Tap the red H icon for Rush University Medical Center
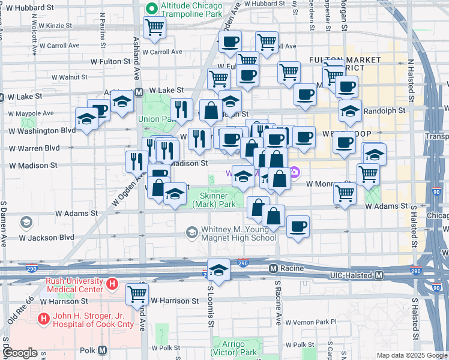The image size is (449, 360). tap(111, 283)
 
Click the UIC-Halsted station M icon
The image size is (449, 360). tap(379, 275)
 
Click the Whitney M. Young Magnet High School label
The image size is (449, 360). tap(238, 233)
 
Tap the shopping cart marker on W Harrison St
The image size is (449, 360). tap(137, 293)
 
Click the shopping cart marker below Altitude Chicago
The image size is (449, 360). tap(155, 27)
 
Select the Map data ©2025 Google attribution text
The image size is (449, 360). tap(412, 355)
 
